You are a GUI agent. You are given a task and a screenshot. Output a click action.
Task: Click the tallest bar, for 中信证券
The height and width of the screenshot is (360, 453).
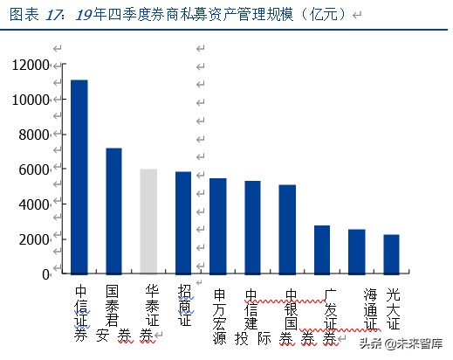click(x=79, y=177)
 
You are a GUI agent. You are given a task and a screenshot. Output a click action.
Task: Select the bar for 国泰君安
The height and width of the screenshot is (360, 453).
click(x=113, y=211)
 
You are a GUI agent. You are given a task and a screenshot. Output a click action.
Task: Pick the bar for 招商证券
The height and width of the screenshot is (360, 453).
click(x=183, y=223)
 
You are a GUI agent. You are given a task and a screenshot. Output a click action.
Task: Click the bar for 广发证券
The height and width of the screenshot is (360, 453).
click(x=322, y=249)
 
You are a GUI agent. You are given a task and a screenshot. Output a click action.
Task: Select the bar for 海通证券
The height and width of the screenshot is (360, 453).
click(x=356, y=252)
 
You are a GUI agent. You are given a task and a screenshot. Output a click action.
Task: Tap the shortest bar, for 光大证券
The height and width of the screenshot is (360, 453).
click(x=391, y=253)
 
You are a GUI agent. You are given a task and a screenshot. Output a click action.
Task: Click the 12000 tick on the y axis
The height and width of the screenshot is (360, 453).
click(x=31, y=66)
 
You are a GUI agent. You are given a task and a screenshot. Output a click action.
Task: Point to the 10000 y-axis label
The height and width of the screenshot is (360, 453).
click(x=31, y=100)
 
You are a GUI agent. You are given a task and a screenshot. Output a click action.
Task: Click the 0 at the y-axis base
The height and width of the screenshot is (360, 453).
click(x=45, y=273)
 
